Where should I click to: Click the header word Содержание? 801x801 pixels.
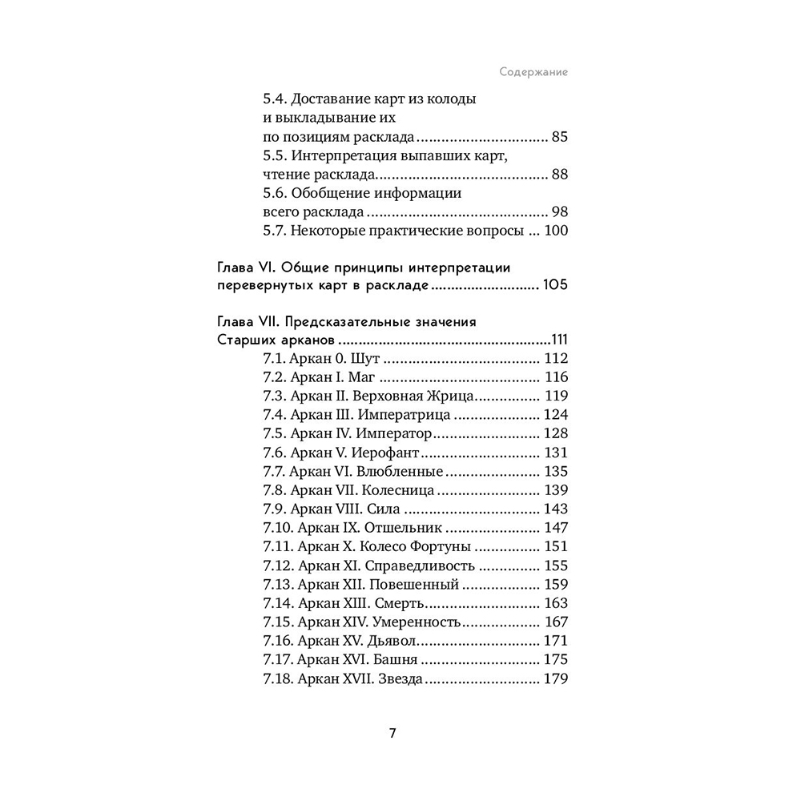(533, 71)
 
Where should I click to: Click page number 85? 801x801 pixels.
(559, 136)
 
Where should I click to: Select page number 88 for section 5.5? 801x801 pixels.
(559, 174)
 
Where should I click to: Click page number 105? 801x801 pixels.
(555, 286)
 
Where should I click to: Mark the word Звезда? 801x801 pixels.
(400, 678)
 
